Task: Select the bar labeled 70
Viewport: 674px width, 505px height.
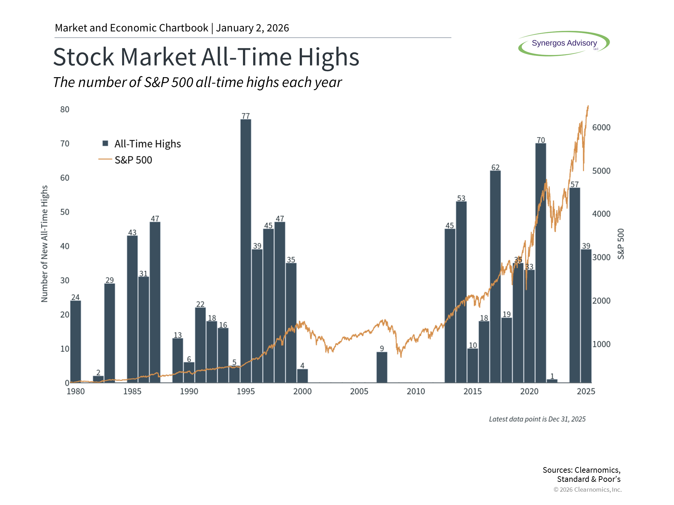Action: [x=541, y=263]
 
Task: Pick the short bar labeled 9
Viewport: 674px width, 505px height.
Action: [x=382, y=367]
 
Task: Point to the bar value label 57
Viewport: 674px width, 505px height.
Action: [x=575, y=184]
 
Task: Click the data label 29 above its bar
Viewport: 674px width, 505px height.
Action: [x=110, y=280]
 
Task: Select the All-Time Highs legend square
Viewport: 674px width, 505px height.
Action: [x=105, y=143]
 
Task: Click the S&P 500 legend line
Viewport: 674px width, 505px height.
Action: [x=105, y=160]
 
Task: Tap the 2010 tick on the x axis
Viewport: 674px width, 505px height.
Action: [x=416, y=391]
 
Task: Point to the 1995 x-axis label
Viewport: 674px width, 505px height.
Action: [x=246, y=391]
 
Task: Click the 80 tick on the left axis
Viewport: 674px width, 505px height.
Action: [x=65, y=109]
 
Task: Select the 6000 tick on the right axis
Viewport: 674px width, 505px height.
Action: [x=601, y=128]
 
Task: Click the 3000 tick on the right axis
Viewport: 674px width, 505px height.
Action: [x=601, y=257]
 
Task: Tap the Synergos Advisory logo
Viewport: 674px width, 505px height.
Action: [x=564, y=43]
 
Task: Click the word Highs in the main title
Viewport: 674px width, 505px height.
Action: [x=329, y=57]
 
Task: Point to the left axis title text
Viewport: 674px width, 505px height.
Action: [x=45, y=244]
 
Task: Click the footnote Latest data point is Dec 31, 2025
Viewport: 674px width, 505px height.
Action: [x=537, y=419]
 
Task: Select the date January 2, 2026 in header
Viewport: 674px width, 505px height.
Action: [x=252, y=28]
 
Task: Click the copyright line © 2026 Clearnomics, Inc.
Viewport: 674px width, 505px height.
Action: [x=587, y=490]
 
